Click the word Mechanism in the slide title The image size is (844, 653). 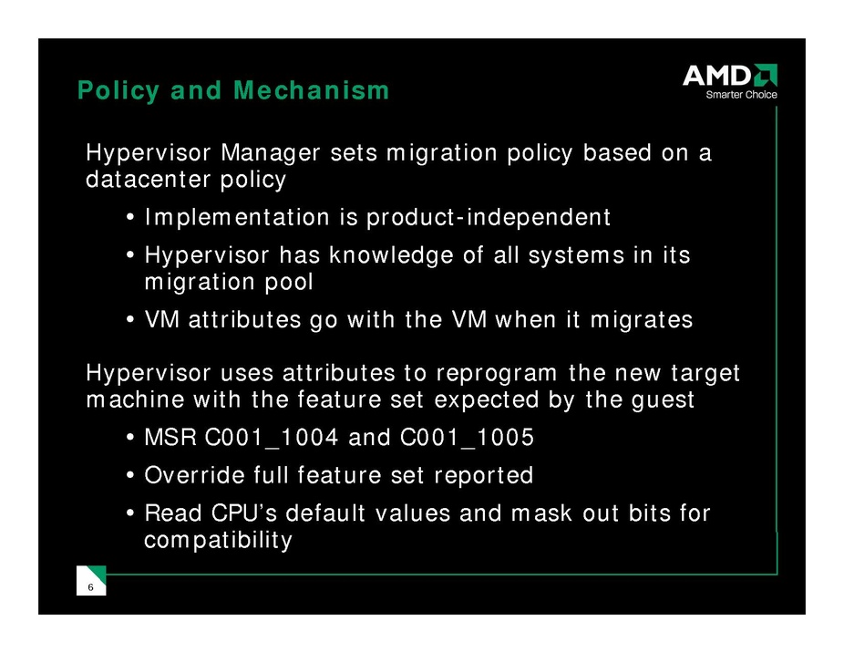coord(311,90)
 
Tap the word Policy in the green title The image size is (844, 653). coord(118,91)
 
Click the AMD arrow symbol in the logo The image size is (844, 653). coord(766,75)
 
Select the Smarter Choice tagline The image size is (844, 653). coord(741,95)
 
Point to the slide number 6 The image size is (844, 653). coord(90,587)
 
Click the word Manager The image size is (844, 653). coord(271,154)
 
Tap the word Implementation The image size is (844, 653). coord(237,218)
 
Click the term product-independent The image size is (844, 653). coord(489,218)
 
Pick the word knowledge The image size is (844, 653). coord(391,256)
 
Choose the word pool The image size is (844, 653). coord(289,283)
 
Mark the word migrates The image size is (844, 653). coord(642,321)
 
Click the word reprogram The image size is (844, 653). coord(496,374)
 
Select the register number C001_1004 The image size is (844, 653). coord(272,438)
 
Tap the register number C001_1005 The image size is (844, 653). coord(468,438)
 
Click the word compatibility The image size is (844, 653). coord(219,541)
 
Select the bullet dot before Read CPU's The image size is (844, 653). coord(129,513)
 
